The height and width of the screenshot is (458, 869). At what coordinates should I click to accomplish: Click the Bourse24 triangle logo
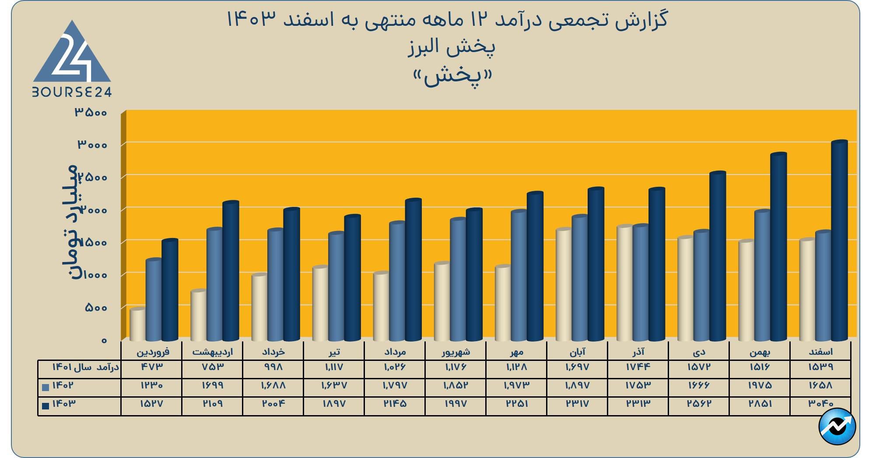click(72, 55)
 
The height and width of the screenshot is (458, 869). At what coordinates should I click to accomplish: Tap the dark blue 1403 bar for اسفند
click(839, 241)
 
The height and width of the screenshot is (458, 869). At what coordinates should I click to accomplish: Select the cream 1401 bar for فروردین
click(137, 325)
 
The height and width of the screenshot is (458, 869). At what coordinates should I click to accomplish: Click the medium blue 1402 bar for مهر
click(519, 276)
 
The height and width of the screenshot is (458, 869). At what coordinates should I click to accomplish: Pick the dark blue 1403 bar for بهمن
click(778, 247)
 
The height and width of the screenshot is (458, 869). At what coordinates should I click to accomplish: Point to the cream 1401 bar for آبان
click(564, 284)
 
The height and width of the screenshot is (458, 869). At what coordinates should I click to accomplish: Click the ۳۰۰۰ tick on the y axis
click(92, 144)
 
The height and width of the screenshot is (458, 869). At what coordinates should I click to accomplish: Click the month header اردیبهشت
click(212, 352)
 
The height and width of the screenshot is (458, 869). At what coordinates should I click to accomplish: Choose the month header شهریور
click(456, 352)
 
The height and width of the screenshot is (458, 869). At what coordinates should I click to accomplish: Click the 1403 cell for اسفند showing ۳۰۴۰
click(820, 404)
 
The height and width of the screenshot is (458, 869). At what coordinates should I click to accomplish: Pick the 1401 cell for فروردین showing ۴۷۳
click(151, 367)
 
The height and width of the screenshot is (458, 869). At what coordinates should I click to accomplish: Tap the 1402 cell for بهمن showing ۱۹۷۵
click(760, 385)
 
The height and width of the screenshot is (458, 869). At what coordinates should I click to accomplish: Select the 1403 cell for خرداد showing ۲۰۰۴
click(273, 404)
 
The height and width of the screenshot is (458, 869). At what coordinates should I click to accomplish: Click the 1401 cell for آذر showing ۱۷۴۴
click(638, 367)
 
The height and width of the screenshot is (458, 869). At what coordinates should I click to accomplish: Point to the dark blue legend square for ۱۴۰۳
click(46, 406)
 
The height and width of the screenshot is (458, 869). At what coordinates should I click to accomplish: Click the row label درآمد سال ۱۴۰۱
click(85, 367)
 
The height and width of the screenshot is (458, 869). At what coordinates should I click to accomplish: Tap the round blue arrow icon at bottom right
click(837, 426)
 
